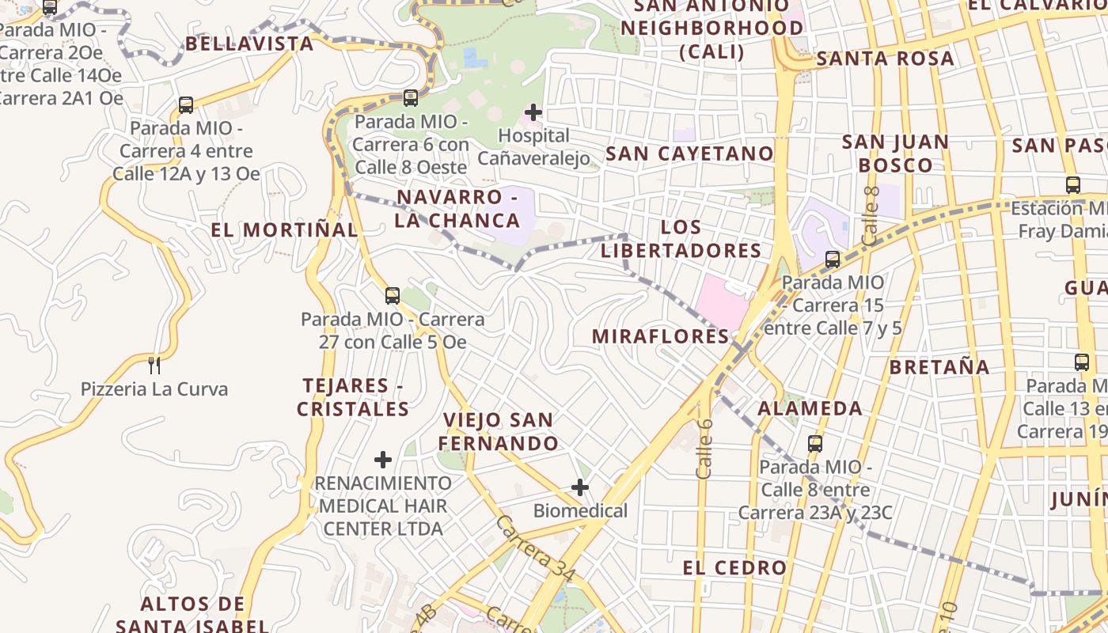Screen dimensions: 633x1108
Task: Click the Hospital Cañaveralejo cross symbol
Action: (533, 112)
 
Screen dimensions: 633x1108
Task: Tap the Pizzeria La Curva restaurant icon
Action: (154, 365)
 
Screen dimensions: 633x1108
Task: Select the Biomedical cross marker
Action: (580, 487)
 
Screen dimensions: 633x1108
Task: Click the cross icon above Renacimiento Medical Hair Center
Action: (383, 459)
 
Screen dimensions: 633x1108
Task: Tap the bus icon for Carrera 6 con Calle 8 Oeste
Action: (410, 98)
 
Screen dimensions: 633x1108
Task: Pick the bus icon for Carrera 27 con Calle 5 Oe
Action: (392, 296)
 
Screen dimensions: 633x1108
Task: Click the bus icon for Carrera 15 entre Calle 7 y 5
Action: (832, 259)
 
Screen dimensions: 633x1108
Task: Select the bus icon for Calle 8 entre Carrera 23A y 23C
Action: (815, 443)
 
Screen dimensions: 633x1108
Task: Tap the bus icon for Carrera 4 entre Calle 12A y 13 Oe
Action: (186, 104)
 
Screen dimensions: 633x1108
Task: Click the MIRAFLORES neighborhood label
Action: (660, 336)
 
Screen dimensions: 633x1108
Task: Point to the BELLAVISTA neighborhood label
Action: (249, 44)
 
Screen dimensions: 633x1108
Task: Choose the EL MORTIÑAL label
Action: (284, 229)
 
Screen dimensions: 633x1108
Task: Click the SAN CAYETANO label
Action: (689, 154)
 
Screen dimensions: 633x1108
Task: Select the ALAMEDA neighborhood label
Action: (810, 408)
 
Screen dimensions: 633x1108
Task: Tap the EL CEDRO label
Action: (734, 567)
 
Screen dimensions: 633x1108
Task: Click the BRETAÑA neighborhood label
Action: (939, 367)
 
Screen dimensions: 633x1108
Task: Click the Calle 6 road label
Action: (704, 449)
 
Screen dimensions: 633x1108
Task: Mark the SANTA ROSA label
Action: (885, 59)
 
